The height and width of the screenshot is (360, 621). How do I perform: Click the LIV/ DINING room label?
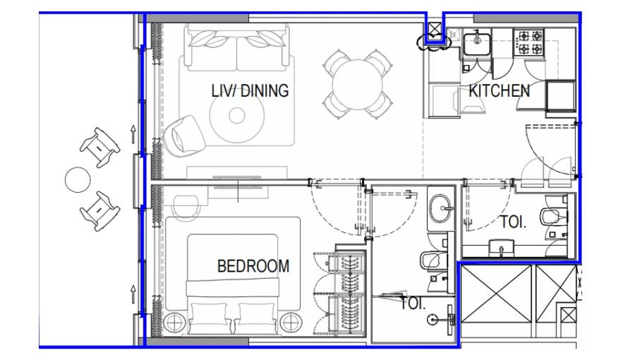250,91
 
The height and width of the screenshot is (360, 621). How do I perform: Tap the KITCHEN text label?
499,91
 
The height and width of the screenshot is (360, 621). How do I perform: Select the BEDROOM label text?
253,266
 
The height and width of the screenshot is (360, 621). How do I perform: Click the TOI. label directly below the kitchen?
512,222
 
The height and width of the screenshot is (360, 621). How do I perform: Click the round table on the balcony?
77,180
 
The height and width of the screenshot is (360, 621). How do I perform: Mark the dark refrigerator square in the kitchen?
562,97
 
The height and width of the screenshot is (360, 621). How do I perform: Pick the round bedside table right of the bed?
290,323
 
